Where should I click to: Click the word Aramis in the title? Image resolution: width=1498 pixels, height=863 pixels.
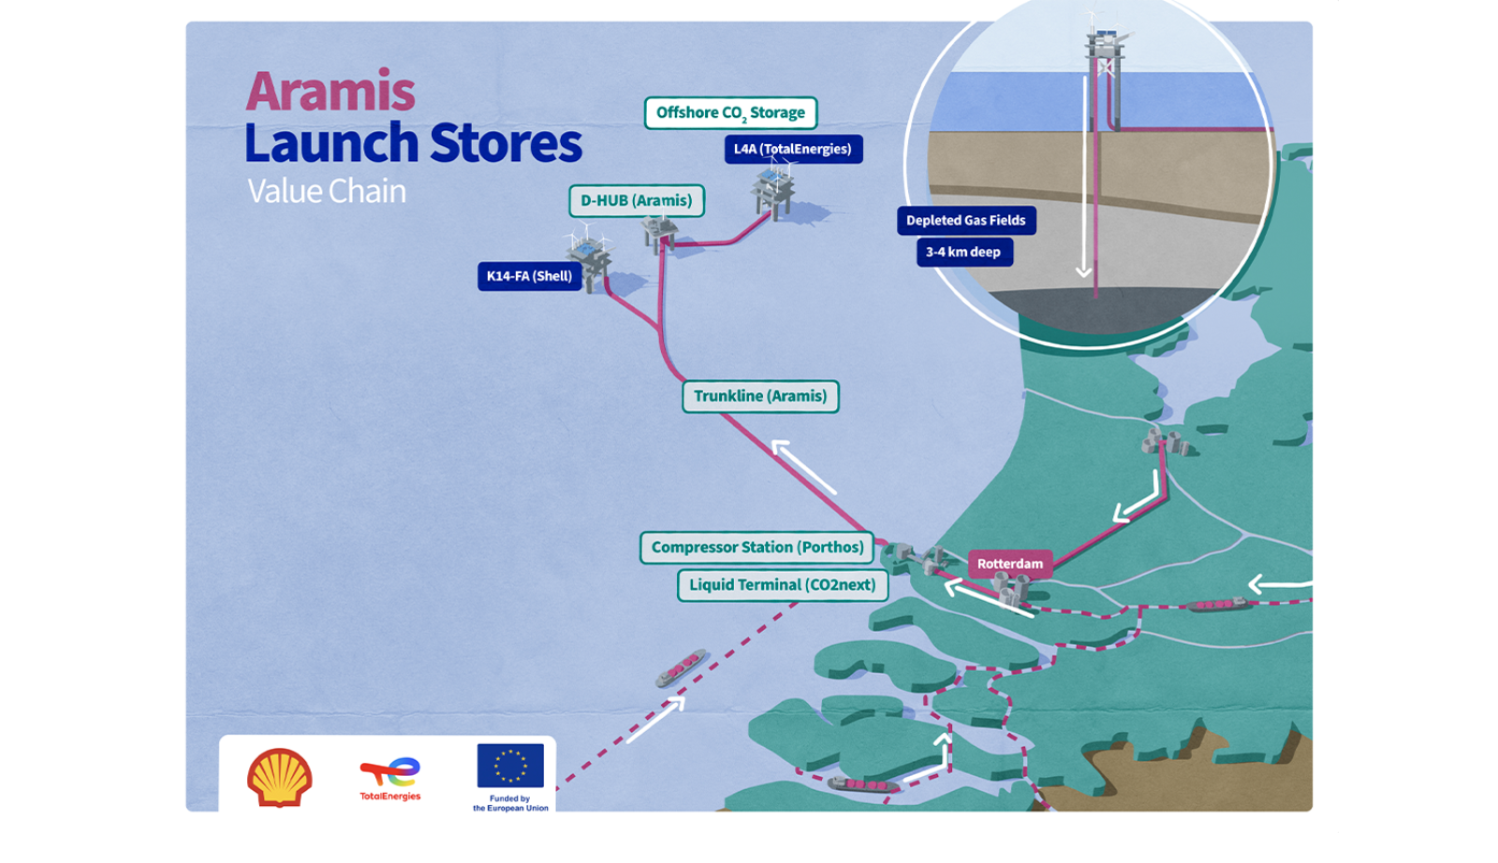coord(330,92)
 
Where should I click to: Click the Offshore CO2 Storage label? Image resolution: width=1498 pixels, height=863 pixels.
coord(730,113)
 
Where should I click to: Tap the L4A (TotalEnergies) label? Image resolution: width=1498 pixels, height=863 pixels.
coord(793,149)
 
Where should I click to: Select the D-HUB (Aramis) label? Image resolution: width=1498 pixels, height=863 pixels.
coord(637,200)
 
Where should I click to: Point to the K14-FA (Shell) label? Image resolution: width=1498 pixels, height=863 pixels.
coord(529,276)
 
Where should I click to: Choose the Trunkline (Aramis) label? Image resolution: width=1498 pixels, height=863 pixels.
coord(760,396)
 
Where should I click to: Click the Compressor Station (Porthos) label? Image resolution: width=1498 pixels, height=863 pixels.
coord(756,548)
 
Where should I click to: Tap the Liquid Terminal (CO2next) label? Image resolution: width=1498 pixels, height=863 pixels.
coord(783,585)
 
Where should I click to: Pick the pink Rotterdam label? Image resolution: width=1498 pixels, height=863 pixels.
coord(1009,563)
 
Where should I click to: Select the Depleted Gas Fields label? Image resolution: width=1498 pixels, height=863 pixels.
coord(965,221)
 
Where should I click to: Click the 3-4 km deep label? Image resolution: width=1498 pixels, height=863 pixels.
coord(963,252)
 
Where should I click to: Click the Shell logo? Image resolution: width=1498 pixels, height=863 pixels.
coord(280,777)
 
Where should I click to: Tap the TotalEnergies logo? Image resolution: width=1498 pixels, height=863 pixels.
coord(390,778)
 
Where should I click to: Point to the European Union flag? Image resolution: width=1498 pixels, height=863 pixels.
coord(510,765)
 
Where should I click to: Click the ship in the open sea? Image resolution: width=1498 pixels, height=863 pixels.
coord(681,667)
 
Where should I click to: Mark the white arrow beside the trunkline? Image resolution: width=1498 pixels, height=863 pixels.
coord(803,466)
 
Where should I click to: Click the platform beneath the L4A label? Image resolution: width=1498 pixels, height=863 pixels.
coord(773,192)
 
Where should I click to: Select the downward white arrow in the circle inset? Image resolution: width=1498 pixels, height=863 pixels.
coord(1083,178)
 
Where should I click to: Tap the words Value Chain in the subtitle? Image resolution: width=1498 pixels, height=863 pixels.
coord(327,191)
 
